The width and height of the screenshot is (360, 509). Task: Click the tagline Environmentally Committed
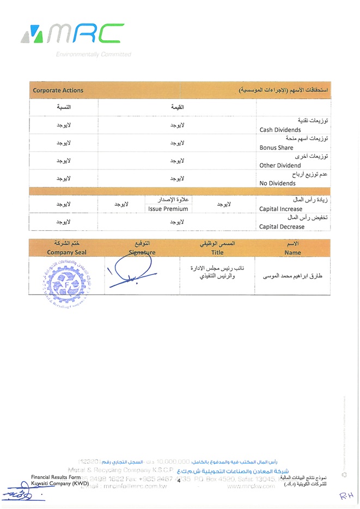[x=93, y=54]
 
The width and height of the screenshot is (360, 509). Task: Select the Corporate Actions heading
[x=58, y=90]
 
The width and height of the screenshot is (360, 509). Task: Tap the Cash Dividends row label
[x=280, y=130]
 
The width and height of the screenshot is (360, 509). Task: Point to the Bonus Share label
[x=276, y=148]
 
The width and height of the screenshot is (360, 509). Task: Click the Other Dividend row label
[x=280, y=165]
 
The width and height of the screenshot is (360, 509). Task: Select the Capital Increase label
[x=280, y=208]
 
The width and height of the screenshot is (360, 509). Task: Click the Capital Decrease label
[x=282, y=226]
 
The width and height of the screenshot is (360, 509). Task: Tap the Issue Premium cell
[x=168, y=208]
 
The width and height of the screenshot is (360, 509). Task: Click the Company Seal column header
[x=66, y=253]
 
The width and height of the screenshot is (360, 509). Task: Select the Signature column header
[x=142, y=253]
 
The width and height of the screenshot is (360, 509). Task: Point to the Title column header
[x=217, y=253]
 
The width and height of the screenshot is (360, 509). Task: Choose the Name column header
[x=292, y=253]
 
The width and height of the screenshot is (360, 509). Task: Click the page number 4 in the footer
[x=179, y=480]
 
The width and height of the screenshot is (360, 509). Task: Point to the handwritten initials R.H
[x=345, y=495]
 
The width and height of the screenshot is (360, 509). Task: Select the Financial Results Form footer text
[x=56, y=477]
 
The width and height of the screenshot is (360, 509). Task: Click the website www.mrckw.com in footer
[x=252, y=486]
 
